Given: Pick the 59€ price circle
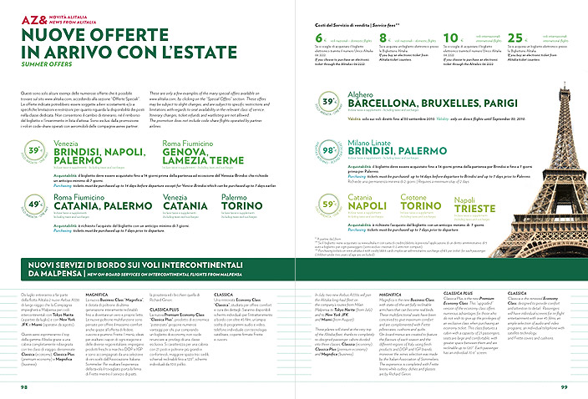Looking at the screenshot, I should point(329,203).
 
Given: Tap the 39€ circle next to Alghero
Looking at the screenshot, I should point(329,102).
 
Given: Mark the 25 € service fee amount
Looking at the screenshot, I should point(510,38).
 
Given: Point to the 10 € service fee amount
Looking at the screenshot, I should point(448,38).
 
